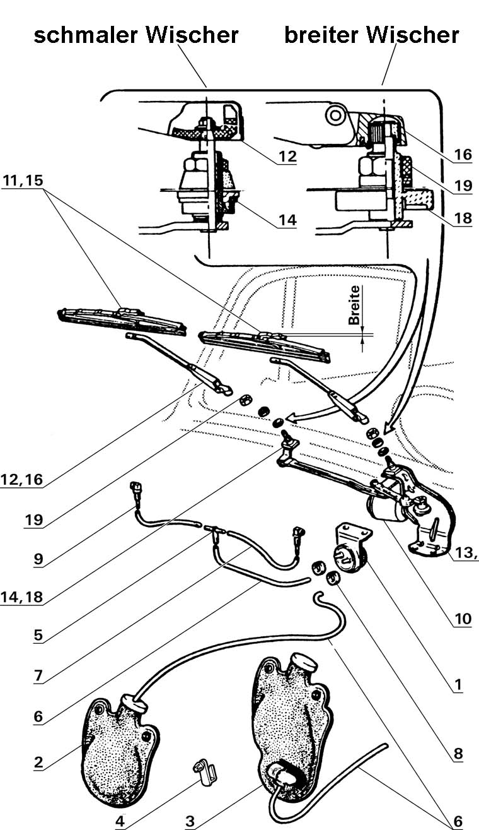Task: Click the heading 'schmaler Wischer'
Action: pyautogui.click(x=136, y=35)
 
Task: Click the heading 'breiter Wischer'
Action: pyautogui.click(x=371, y=35)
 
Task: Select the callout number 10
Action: pyautogui.click(x=463, y=619)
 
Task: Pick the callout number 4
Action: pyautogui.click(x=120, y=821)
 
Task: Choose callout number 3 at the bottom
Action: pyautogui.click(x=190, y=821)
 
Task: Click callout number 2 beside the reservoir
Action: pyautogui.click(x=38, y=762)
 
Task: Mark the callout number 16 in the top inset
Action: pyautogui.click(x=463, y=155)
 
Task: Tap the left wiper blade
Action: pyautogui.click(x=123, y=319)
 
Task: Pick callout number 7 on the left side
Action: pyautogui.click(x=38, y=676)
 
